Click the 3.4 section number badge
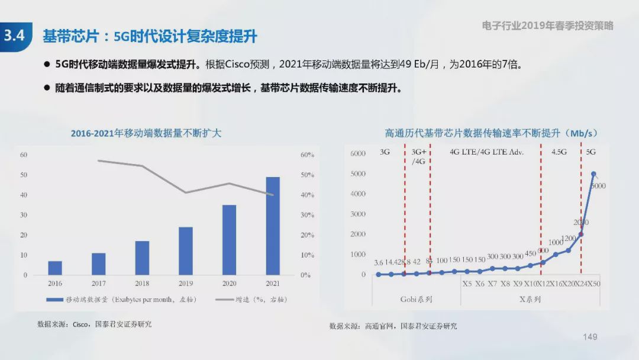[14, 36]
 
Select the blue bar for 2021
[272, 226]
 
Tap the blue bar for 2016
[55, 268]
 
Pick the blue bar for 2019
[186, 251]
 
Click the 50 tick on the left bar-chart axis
[24, 175]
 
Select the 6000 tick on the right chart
[358, 154]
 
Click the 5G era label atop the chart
[590, 152]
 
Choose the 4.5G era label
[559, 152]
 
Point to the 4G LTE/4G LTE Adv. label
[486, 152]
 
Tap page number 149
[590, 337]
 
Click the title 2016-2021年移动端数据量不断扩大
[146, 133]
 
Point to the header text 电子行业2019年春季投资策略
[547, 25]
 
